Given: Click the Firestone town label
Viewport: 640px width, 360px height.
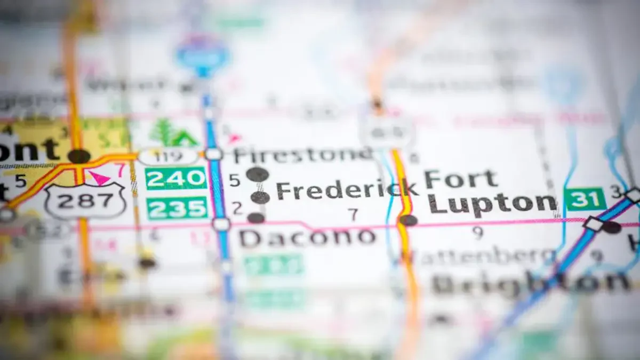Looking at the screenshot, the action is click(x=302, y=155).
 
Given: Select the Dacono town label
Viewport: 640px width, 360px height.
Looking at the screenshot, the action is click(x=307, y=238).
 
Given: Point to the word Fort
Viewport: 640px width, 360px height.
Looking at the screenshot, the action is click(x=461, y=179).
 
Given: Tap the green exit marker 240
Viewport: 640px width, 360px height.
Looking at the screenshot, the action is click(x=176, y=179).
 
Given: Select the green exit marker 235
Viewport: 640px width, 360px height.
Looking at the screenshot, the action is click(x=177, y=208).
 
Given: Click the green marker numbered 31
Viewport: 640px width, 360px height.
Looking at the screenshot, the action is click(x=586, y=199).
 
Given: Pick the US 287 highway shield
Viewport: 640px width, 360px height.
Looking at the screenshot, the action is click(x=85, y=201).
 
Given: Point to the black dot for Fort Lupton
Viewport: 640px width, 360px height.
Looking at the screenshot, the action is click(x=409, y=220).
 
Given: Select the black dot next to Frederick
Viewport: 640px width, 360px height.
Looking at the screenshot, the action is click(x=260, y=197).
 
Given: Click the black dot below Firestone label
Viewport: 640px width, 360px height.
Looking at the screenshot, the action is click(x=257, y=174).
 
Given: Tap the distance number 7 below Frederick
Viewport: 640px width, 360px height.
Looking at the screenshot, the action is click(x=353, y=214).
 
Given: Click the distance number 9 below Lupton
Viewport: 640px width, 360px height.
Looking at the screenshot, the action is click(x=478, y=233).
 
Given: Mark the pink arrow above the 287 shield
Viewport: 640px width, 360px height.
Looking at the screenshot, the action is click(x=100, y=177).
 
